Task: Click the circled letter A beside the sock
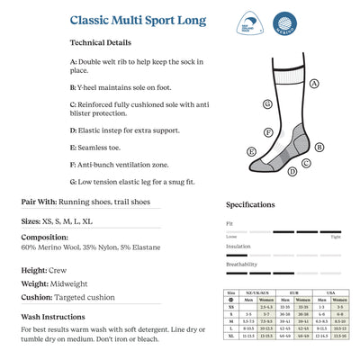point(315,83)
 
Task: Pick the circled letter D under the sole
point(308,163)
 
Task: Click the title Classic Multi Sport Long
point(137,20)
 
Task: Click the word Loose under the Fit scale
point(231,237)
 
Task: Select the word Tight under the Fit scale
point(336,237)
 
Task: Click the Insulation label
point(238,245)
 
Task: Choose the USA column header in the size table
point(332,292)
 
